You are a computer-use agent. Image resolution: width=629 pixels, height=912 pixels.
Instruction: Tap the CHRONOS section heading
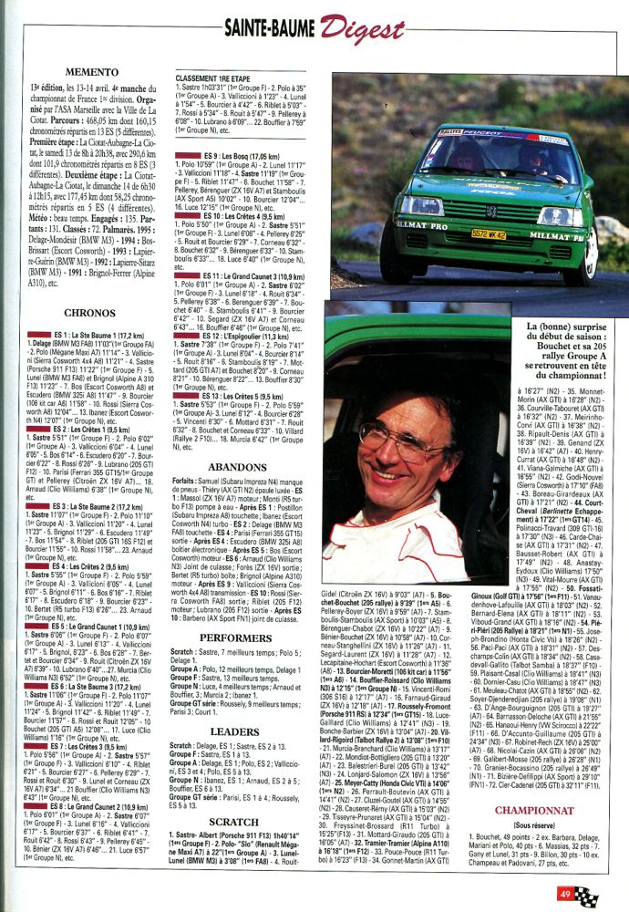[89, 312]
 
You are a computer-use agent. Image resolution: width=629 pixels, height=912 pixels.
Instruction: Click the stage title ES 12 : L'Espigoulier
[233, 337]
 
